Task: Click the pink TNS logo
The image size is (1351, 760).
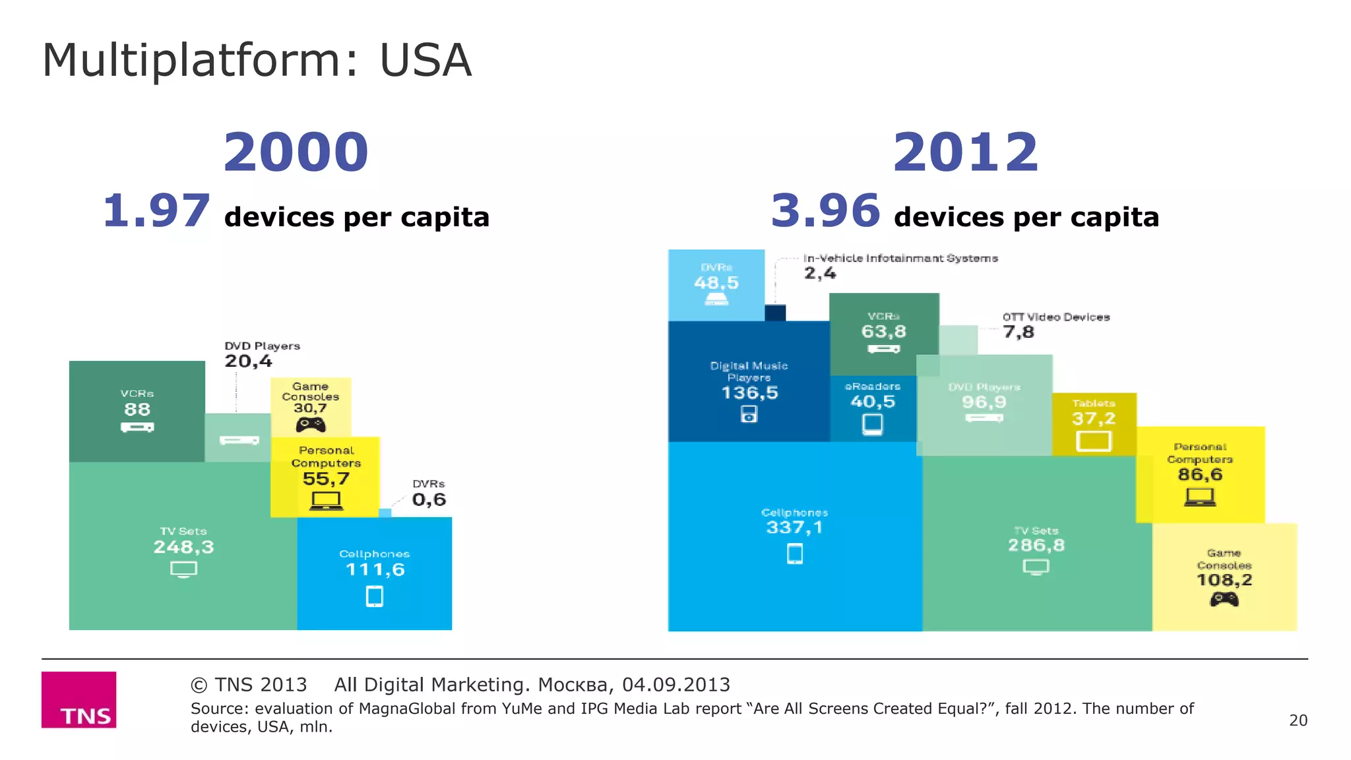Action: click(x=79, y=699)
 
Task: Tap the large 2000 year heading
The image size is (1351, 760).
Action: click(x=296, y=152)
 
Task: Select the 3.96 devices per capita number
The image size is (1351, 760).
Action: click(x=825, y=210)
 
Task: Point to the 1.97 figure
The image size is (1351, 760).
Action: click(x=156, y=211)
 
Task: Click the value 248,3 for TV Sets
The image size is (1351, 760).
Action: click(x=183, y=547)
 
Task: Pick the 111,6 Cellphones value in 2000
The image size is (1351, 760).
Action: click(x=375, y=570)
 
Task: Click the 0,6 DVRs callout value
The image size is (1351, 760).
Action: click(x=429, y=500)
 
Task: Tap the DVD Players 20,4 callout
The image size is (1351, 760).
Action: click(x=248, y=361)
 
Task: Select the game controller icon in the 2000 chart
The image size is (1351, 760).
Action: click(x=310, y=425)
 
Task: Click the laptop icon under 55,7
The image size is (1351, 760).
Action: click(x=326, y=501)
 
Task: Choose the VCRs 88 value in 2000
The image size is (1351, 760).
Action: click(x=137, y=410)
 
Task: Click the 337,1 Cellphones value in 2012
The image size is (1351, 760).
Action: click(x=794, y=527)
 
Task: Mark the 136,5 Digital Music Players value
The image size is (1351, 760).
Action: click(x=749, y=393)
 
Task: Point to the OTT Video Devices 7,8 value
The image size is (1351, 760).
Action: click(x=1019, y=332)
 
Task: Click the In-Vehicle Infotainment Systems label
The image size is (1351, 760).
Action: click(x=900, y=258)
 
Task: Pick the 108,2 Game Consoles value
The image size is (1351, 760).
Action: click(x=1224, y=580)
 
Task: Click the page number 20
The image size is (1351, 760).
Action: click(x=1298, y=720)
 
